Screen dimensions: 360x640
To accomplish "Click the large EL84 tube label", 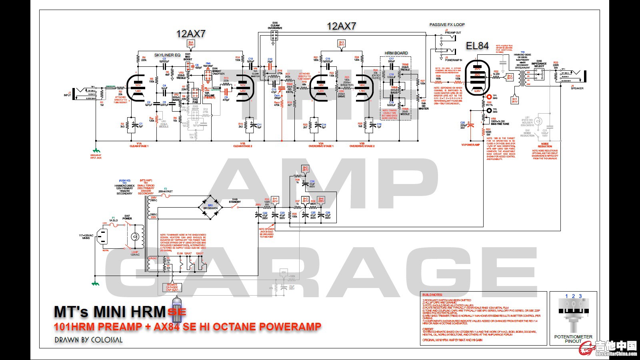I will point(477,46).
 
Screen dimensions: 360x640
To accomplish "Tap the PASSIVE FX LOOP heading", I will point(447,25).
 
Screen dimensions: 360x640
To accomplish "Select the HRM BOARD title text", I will point(396,53).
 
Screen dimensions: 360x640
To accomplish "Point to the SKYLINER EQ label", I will point(167,55).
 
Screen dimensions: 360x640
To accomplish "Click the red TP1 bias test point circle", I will point(489,97).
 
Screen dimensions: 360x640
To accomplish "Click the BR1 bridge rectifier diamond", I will point(210,207).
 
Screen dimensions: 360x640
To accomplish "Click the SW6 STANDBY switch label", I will point(235,201).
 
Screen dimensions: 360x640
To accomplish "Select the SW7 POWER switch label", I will point(127,217).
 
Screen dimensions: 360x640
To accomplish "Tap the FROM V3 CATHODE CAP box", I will point(172,287).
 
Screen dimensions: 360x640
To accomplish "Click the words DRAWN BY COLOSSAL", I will point(89,340).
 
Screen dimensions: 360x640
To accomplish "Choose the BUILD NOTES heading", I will point(433,295).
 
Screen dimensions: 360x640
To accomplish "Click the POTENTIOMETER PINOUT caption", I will point(573,339).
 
